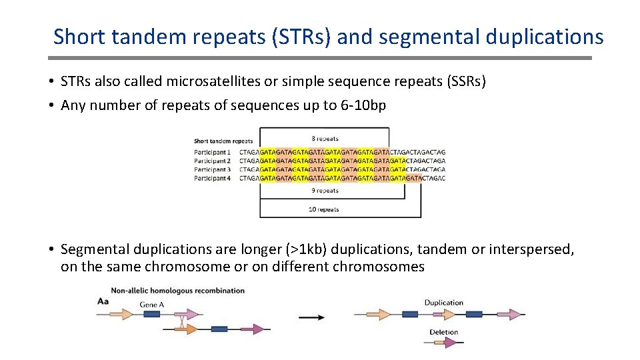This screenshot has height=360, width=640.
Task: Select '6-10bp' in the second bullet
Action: coord(365,105)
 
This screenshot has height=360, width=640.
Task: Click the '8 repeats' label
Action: coord(325,139)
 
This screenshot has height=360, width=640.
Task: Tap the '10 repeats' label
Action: coord(324,209)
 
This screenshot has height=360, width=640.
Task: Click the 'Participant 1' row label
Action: coord(212,152)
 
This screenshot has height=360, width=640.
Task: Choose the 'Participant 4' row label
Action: coord(212,178)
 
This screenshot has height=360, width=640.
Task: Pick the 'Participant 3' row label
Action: coord(212,169)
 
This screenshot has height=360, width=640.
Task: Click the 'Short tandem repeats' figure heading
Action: coord(223,141)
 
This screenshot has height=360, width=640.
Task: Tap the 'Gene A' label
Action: coord(152,304)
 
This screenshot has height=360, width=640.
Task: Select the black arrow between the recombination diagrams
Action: coord(311,317)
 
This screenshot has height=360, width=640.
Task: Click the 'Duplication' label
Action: coord(443,303)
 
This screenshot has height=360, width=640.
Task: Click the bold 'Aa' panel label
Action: coord(103,302)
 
